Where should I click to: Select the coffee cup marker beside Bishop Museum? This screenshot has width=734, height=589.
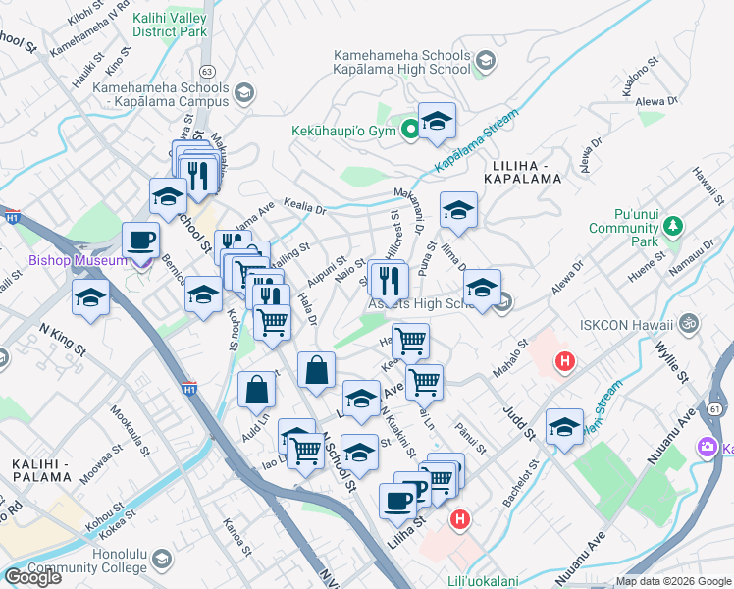click(x=140, y=240)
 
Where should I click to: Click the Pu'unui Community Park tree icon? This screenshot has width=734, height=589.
click(x=672, y=228)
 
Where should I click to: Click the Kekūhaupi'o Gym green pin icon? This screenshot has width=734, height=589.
click(x=410, y=130)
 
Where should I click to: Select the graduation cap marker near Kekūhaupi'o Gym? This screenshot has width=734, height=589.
click(x=437, y=122)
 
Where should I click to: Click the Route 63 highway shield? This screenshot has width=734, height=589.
click(x=206, y=72)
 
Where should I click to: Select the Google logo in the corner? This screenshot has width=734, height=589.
click(x=32, y=577)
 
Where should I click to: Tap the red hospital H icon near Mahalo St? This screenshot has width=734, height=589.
click(x=564, y=362)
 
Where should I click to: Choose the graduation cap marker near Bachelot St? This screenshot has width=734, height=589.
click(x=564, y=427)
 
